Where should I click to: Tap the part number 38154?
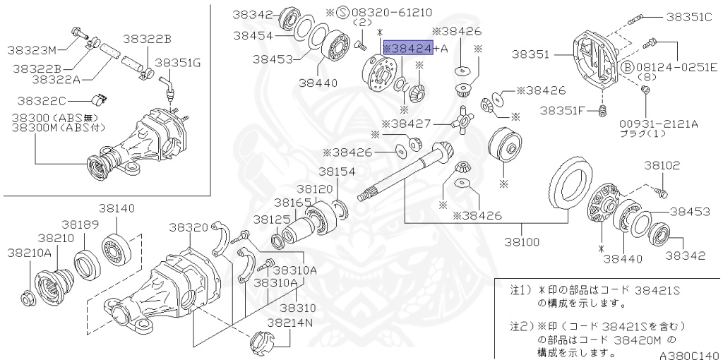336,172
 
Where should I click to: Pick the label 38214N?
289,323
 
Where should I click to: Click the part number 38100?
522,241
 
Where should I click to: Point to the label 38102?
662,165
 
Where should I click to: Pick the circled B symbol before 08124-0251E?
626,67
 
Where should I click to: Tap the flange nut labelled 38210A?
28,299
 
